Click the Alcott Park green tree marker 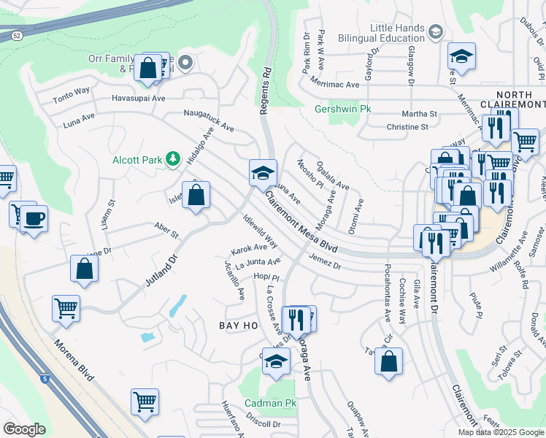tap(173, 158)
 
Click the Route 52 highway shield tap(15, 34)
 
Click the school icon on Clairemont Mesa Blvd tap(263, 172)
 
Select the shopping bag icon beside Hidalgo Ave tap(196, 195)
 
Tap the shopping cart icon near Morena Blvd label tap(66, 308)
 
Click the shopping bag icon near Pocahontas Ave tap(389, 360)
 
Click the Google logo tap(24, 429)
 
